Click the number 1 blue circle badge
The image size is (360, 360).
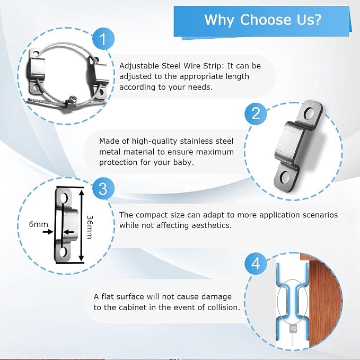coord(103,39)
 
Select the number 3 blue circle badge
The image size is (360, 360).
coord(103,189)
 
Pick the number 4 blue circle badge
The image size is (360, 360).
coord(256,263)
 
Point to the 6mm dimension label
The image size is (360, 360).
coord(38,224)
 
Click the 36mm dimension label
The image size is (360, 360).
coord(89,227)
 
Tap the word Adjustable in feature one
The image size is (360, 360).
coord(139,66)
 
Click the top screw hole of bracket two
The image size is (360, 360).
coord(309,113)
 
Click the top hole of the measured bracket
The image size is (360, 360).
coord(63,197)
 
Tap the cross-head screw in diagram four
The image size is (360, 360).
coord(294,329)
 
